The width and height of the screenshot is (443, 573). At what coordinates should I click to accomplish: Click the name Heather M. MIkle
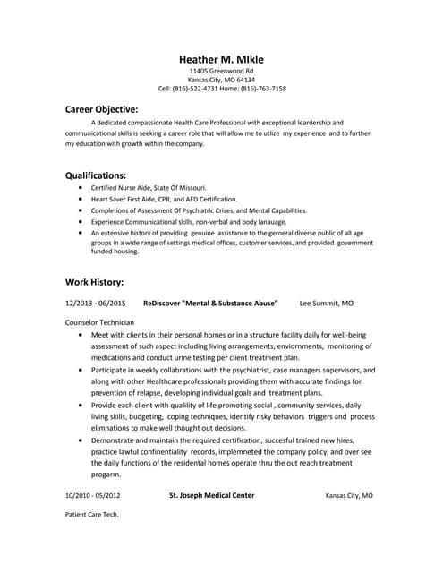point(221,59)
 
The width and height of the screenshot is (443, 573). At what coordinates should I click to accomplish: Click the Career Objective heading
point(101,108)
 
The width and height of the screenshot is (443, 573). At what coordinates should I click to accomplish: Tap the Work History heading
point(95,281)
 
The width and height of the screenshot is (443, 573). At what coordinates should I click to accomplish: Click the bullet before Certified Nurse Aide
point(81,188)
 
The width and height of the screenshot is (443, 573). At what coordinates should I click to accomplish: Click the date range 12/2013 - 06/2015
point(96,304)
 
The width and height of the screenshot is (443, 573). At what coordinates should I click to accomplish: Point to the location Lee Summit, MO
point(326,304)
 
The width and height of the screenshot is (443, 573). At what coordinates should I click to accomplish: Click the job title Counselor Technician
point(100,322)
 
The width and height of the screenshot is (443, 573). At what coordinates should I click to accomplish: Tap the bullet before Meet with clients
point(81,334)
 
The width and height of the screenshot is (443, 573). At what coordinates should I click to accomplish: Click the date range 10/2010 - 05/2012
point(93,495)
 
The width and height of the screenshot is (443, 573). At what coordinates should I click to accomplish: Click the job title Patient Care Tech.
point(92,515)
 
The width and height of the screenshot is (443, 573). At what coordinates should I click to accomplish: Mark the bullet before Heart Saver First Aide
point(81,199)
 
